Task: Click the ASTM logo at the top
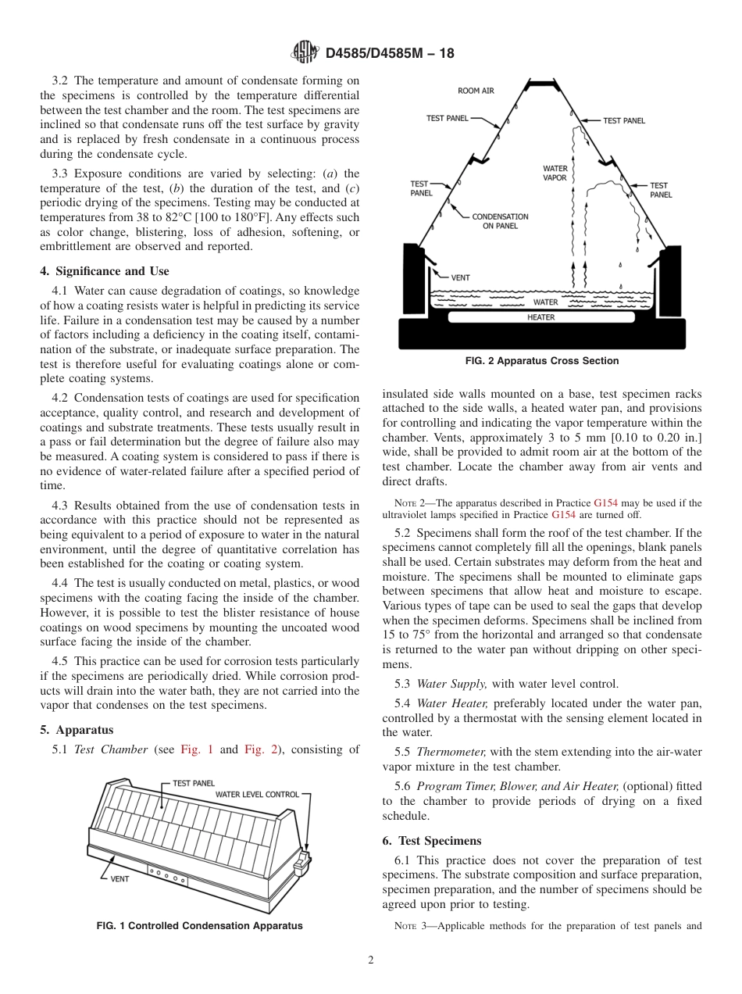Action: (304, 52)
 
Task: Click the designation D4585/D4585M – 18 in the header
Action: (389, 53)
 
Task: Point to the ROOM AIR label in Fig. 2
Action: (476, 91)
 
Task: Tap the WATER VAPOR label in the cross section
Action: (555, 173)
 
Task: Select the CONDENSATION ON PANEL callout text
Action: (500, 221)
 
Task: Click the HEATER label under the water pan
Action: (540, 317)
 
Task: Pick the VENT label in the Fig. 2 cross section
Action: (460, 277)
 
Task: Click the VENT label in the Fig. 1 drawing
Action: (120, 878)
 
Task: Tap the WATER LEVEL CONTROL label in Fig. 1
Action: (257, 795)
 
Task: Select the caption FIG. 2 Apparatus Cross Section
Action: (541, 361)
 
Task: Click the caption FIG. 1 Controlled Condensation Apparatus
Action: (199, 926)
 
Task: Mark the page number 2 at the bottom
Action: (371, 960)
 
